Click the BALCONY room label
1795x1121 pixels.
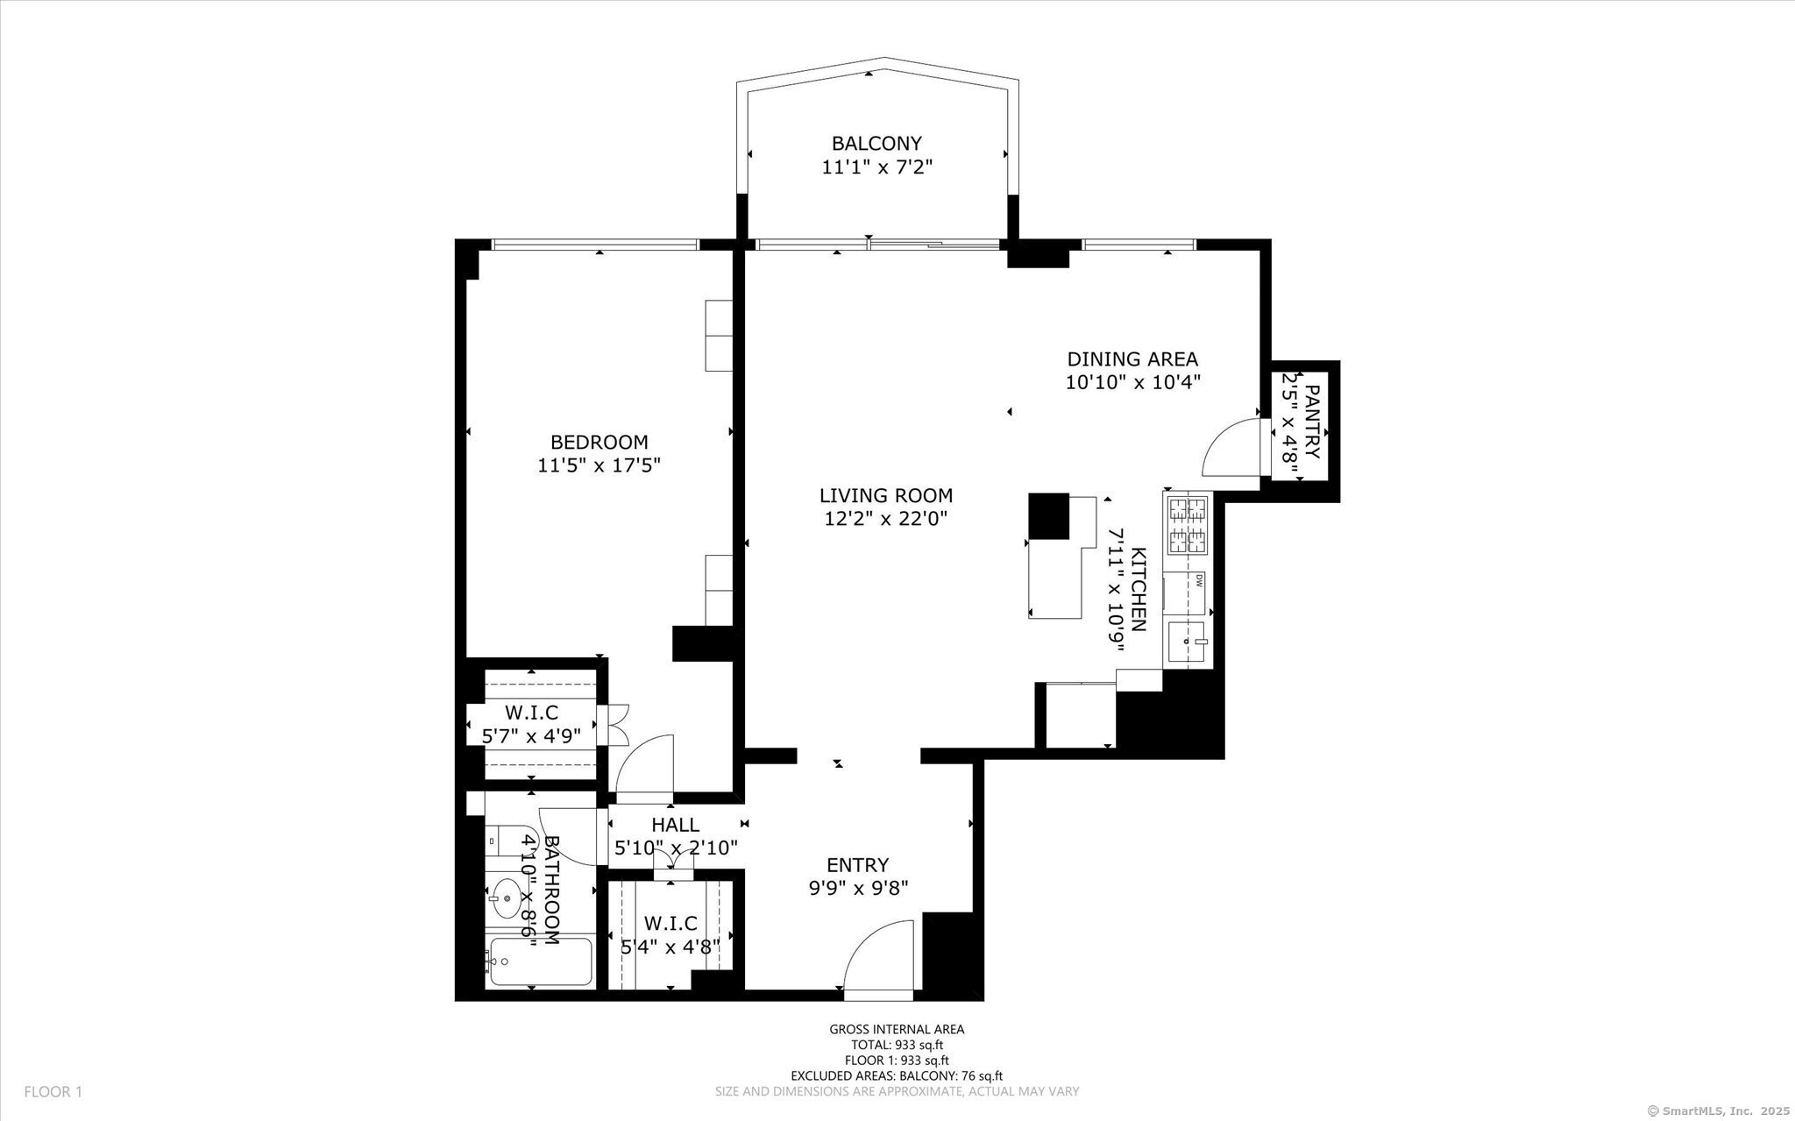(876, 143)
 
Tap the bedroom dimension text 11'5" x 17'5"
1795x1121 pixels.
(599, 465)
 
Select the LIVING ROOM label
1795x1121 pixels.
(886, 496)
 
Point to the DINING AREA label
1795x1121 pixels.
(1132, 358)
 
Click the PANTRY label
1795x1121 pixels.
(1312, 422)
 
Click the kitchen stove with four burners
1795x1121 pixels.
(1188, 524)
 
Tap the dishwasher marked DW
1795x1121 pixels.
(1188, 593)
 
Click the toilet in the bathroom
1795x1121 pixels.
(506, 841)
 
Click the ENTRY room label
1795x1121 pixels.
(857, 865)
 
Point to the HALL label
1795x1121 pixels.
(675, 825)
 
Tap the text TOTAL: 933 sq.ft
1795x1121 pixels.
(897, 1045)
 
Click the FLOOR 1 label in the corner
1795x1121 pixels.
(53, 1092)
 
